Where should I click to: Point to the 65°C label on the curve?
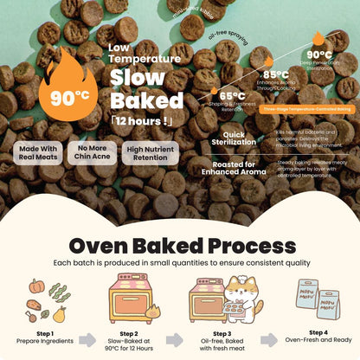(231, 96)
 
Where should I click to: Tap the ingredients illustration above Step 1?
(44, 299)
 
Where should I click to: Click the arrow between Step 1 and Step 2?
(87, 340)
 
